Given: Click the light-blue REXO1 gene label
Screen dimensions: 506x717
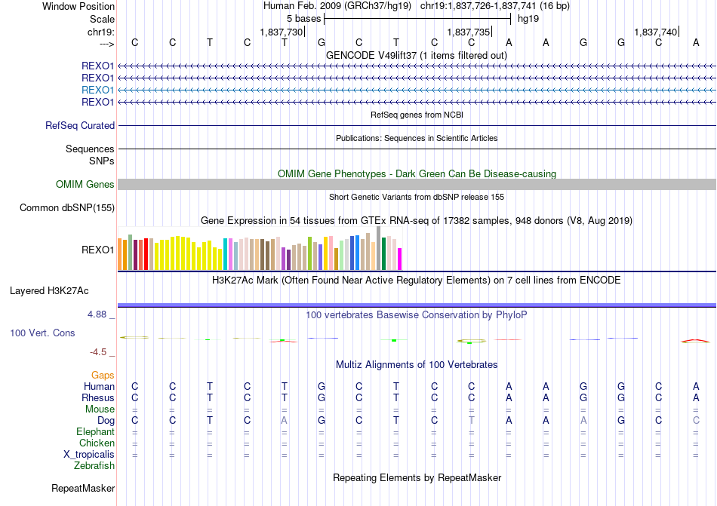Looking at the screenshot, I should [x=97, y=90].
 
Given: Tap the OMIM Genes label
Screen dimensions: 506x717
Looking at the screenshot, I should [x=85, y=185].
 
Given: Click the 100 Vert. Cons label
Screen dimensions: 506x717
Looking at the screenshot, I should [x=42, y=333].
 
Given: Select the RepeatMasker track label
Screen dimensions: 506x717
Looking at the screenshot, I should [x=83, y=489].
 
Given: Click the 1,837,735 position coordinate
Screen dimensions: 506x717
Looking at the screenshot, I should [x=468, y=32].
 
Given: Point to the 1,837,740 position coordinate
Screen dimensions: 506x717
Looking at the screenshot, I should [x=655, y=32].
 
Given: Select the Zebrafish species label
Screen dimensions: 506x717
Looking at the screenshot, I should [x=94, y=466].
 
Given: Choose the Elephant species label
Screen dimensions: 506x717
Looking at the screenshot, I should [x=95, y=432].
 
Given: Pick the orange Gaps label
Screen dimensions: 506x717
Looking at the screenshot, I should [x=103, y=375].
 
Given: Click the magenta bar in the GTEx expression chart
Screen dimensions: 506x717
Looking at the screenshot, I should [x=400, y=259].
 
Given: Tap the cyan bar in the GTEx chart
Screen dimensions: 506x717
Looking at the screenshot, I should [x=226, y=254].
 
